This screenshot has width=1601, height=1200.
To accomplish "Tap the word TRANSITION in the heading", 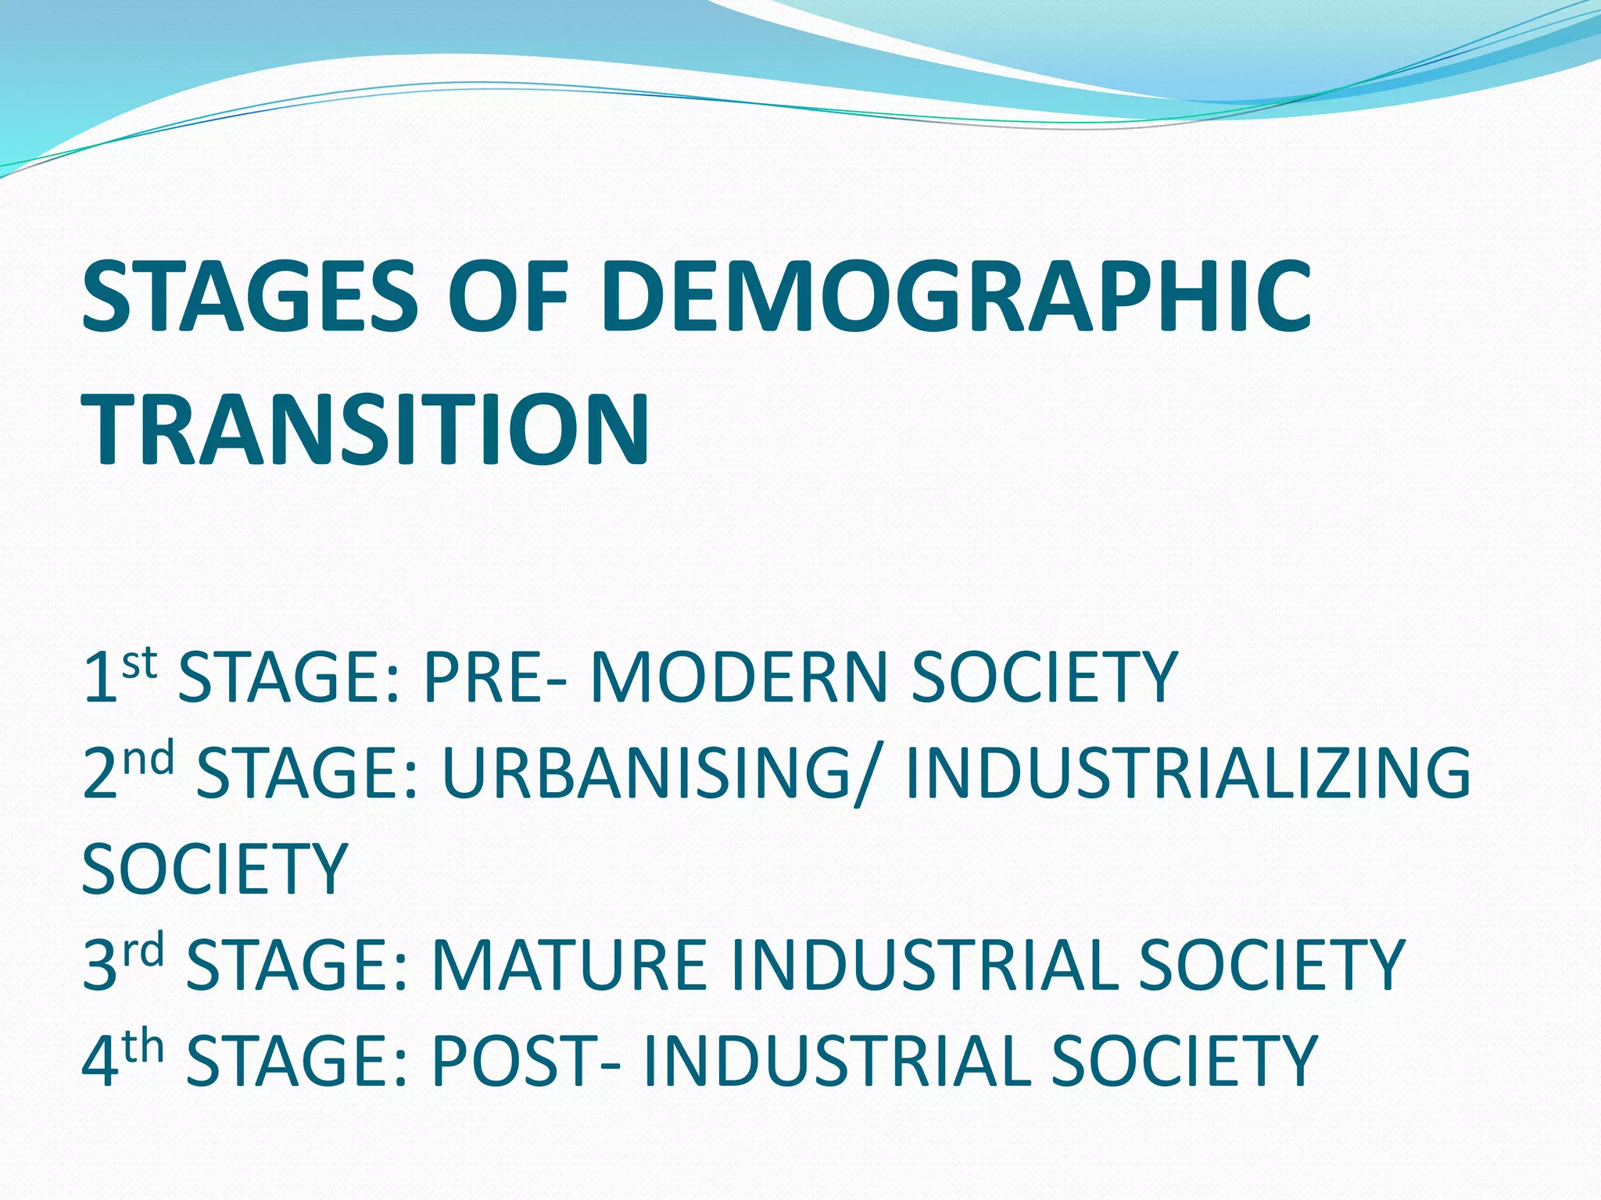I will (x=366, y=430).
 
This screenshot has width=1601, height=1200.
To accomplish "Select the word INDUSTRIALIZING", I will (x=1188, y=773).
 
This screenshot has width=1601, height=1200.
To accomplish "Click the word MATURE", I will (x=569, y=966).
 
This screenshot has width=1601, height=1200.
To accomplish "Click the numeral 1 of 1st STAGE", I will (x=100, y=678).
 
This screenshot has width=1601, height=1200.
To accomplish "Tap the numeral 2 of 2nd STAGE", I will (x=100, y=773).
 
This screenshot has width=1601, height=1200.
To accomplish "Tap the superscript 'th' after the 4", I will (x=143, y=1047).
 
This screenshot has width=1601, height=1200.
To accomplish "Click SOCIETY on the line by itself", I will (x=215, y=870).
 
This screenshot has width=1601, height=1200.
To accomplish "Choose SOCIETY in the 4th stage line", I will (x=1184, y=1062).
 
